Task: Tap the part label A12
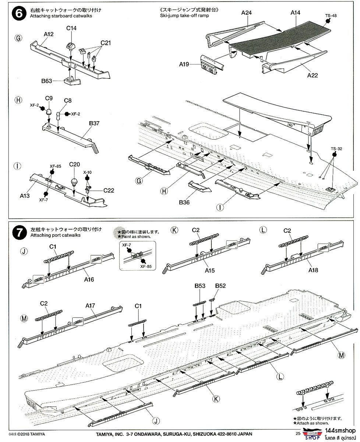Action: point(49,34)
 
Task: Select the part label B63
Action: point(47,81)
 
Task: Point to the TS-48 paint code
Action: point(331,16)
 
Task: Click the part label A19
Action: point(184,64)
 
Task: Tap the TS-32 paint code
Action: point(336,149)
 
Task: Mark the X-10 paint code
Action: point(87,172)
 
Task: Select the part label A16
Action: point(89,280)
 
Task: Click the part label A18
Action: point(313,270)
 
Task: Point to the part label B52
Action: point(220,285)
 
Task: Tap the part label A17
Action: point(90,305)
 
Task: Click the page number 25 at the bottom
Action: point(298,433)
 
